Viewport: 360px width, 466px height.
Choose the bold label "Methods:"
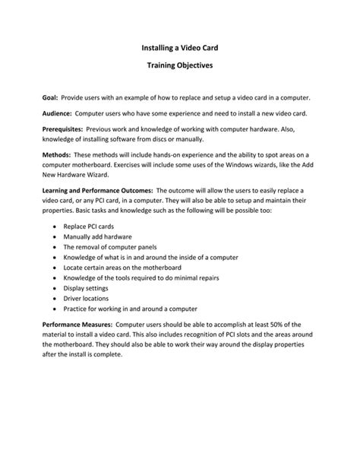pyautogui.click(x=58, y=155)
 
